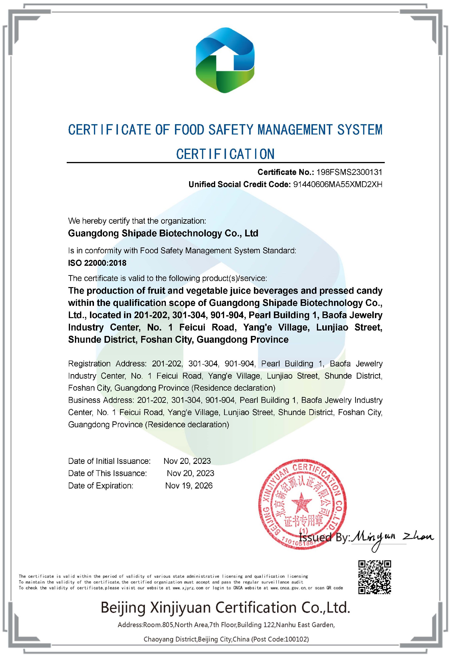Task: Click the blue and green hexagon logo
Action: coord(225,60)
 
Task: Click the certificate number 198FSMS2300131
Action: coord(349,172)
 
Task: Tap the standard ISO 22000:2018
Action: coord(97,263)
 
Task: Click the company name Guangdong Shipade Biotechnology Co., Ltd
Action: coord(163,233)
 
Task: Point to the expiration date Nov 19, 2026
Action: coord(189,485)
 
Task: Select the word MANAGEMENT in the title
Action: coord(294,130)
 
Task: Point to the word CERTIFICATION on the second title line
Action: coord(225,154)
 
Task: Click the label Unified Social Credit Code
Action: coord(239,184)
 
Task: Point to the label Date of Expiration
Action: coord(101,485)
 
